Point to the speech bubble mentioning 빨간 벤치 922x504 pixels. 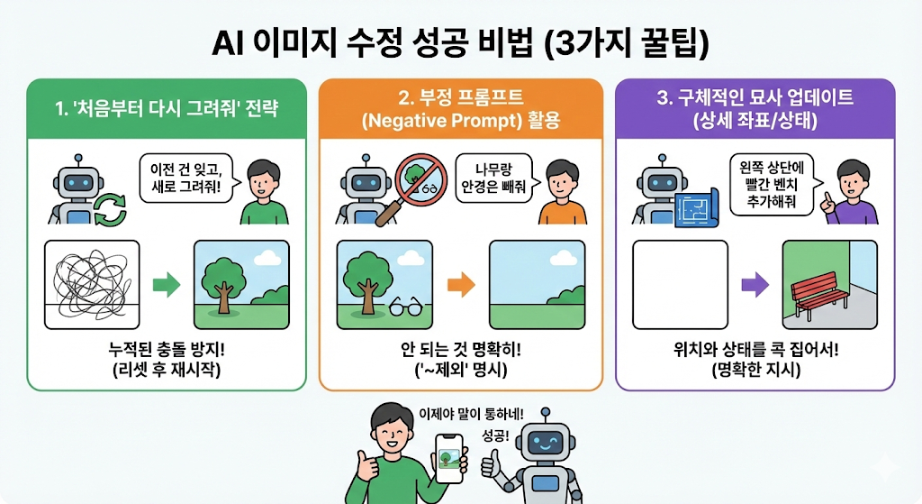tap(775, 181)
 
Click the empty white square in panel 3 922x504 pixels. tap(680, 284)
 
